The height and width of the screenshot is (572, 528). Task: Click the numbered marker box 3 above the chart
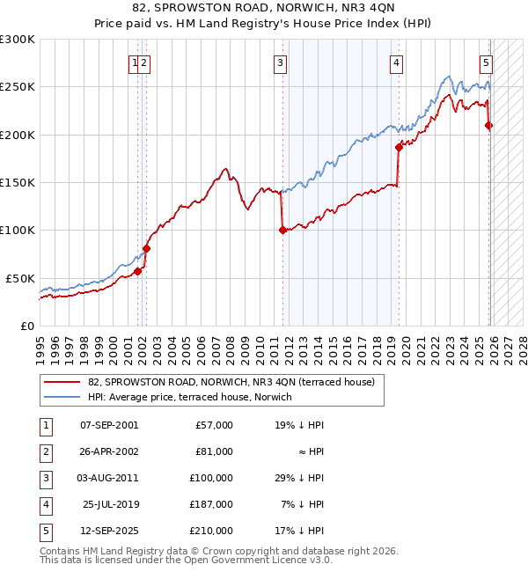pyautogui.click(x=280, y=62)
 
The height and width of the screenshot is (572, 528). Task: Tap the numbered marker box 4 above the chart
pyautogui.click(x=397, y=62)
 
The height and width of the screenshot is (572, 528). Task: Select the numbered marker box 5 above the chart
pyautogui.click(x=486, y=62)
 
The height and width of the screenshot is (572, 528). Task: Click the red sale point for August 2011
pyautogui.click(x=282, y=231)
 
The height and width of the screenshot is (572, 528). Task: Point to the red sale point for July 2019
pyautogui.click(x=399, y=148)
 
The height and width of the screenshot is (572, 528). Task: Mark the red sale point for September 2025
pyautogui.click(x=489, y=126)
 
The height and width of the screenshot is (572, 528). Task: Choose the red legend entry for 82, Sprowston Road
pyautogui.click(x=231, y=382)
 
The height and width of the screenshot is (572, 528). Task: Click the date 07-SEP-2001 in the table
pyautogui.click(x=108, y=425)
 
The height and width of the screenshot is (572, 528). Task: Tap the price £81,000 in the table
pyautogui.click(x=214, y=451)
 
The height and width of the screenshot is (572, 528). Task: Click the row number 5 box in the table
pyautogui.click(x=45, y=531)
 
